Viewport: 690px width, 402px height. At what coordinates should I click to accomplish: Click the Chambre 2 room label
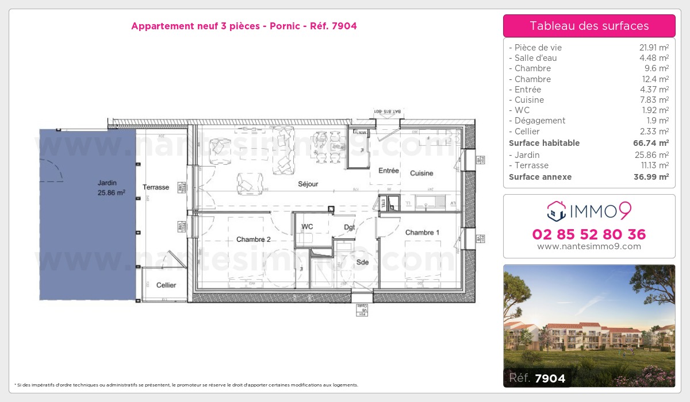pos(253,239)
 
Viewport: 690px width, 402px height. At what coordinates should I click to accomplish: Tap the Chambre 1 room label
pos(422,233)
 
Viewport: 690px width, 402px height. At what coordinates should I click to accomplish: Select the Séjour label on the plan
pos(308,184)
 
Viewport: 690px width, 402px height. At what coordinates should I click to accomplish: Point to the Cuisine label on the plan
pos(421,173)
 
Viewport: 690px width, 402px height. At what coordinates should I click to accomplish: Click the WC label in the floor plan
pos(307,227)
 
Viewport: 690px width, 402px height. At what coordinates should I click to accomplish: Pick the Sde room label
pos(362,262)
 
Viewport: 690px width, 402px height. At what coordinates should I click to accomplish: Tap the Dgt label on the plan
pos(350,227)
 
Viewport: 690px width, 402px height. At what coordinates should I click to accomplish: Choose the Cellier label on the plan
pos(166,285)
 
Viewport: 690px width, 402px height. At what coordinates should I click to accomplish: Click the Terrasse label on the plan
pos(156,187)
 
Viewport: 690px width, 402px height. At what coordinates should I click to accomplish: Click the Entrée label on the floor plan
pos(388,171)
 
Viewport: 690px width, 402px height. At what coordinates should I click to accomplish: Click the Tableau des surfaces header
pos(589,26)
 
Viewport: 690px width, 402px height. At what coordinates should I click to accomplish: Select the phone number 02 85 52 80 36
pos(589,234)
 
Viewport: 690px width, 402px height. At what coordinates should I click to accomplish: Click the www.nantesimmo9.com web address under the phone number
pos(589,246)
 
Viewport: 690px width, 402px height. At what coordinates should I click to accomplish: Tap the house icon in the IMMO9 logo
pos(556,211)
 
